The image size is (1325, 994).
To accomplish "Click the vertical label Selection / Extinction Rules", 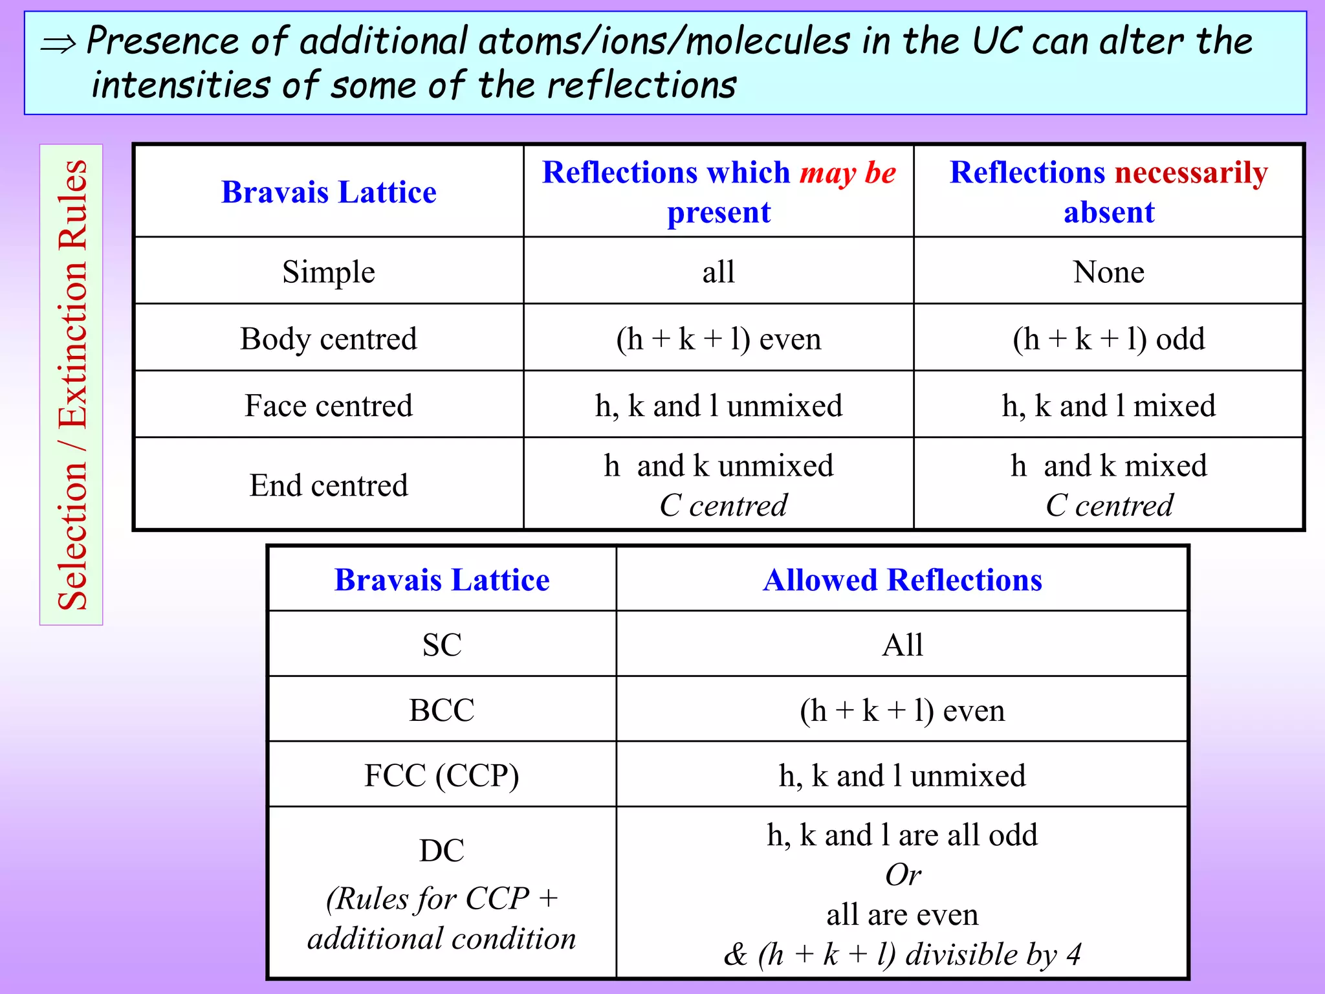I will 72,384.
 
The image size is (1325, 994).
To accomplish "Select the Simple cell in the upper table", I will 329,272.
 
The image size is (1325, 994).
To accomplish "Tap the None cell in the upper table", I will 1108,272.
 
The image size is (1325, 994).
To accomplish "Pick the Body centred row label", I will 329,338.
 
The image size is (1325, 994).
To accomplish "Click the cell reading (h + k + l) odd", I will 1108,338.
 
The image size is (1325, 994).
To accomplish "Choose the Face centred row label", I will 329,406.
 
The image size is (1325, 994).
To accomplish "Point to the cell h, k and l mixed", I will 1108,406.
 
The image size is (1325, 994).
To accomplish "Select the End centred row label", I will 329,485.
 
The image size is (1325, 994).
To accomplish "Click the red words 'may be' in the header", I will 848,173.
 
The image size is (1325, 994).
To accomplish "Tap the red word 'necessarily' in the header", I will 1190,173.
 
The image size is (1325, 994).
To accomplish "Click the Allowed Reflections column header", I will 902,580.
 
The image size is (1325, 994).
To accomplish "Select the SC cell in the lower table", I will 442,645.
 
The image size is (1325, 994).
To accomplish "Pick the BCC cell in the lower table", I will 442,710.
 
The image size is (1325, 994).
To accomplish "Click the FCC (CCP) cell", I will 442,775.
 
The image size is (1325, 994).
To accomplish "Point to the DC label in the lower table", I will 442,850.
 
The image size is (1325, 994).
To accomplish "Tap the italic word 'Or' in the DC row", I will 903,875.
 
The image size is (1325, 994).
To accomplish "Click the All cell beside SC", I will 902,645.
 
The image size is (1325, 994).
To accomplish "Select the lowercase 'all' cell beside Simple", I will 718,272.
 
